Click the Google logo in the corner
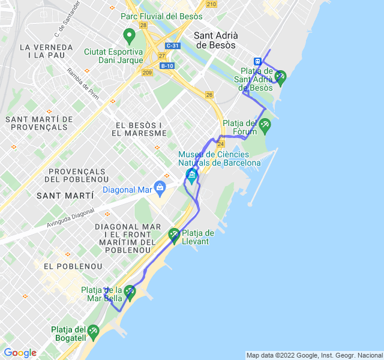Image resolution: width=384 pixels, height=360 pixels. tap(20, 353)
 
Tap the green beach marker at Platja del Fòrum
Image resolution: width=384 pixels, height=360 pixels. tap(265, 125)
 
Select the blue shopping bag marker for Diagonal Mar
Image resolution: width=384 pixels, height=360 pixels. tap(160, 187)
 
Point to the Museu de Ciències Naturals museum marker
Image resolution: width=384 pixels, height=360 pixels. tap(191, 175)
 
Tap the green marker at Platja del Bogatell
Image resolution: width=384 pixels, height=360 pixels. tap(93, 331)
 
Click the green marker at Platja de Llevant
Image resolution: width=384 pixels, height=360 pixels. tap(174, 235)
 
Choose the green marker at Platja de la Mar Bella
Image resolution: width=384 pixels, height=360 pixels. tap(130, 292)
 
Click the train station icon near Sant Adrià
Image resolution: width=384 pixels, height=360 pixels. tap(257, 61)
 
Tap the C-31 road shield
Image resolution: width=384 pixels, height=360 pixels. tap(172, 46)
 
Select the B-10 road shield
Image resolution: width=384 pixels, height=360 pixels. tap(167, 66)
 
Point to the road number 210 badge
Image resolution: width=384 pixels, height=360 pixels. tap(211, 4)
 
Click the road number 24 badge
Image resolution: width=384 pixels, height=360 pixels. tap(221, 144)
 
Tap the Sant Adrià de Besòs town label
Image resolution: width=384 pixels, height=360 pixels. tap(217, 40)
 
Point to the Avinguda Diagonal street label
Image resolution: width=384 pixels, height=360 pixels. tap(71, 218)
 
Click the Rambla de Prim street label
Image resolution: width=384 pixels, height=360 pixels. tap(83, 84)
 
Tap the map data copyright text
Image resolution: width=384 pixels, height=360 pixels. tap(314, 355)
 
